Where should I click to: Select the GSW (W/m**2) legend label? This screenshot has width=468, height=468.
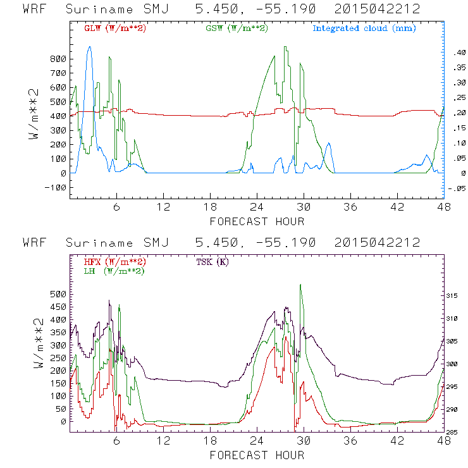236,28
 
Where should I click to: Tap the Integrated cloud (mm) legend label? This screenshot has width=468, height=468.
364,28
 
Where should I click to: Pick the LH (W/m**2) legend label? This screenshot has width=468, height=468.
114,271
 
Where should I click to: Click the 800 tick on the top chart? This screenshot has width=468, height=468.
58,59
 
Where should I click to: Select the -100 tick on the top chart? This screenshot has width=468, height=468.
55,187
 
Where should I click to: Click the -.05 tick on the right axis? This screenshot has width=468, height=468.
457,188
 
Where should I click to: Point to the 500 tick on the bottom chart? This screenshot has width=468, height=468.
58,294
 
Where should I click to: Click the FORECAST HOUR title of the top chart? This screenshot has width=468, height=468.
257,221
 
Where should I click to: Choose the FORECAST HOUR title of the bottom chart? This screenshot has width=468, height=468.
257,455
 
